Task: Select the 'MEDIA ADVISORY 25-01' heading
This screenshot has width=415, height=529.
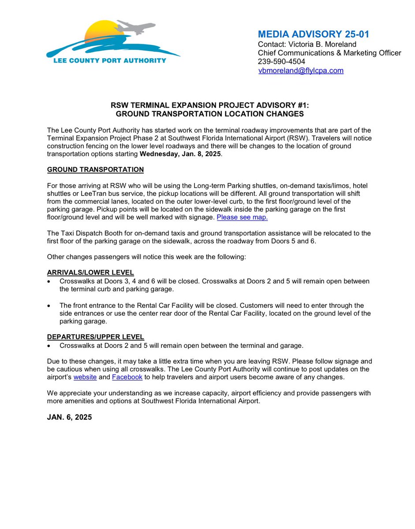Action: click(x=314, y=34)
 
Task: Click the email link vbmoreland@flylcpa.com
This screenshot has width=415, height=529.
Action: click(x=301, y=71)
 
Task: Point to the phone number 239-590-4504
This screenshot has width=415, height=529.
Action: click(x=281, y=62)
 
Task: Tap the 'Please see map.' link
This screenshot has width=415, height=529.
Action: click(x=242, y=217)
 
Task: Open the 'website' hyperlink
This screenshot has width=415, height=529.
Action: click(x=85, y=377)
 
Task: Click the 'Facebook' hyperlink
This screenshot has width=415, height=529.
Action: click(x=127, y=377)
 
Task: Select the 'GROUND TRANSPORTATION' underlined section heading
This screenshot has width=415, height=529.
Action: click(x=95, y=170)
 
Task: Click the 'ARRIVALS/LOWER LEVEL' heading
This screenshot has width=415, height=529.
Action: click(x=90, y=272)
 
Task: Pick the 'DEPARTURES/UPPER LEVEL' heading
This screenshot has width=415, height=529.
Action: click(x=95, y=337)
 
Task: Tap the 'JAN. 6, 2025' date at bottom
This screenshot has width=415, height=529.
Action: click(x=70, y=417)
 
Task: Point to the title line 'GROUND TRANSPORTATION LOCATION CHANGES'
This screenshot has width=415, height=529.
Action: click(x=209, y=114)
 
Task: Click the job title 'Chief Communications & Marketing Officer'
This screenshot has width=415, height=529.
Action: click(x=329, y=53)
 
